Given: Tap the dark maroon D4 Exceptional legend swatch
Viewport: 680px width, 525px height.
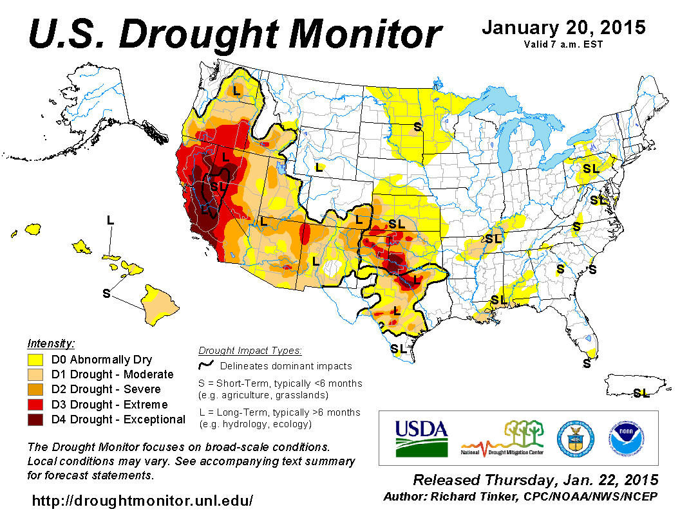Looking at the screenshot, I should pos(35,419).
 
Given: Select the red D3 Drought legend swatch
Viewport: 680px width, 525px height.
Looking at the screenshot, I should pos(35,405).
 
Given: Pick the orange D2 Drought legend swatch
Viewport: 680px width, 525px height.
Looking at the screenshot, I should pos(35,390).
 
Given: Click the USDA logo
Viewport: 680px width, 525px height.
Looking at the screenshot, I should pos(421,438).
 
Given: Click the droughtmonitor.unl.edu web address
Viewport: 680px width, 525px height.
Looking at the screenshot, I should pos(142,500).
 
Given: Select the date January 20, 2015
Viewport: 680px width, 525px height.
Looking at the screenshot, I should pos(563,28).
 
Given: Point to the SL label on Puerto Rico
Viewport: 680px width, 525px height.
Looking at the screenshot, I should pos(641,393).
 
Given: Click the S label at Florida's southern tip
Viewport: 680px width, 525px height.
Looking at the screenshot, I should pos(587,364).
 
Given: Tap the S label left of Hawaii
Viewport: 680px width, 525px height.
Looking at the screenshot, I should pos(106,293).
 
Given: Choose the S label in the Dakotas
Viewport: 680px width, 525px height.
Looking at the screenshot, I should pos(417,127).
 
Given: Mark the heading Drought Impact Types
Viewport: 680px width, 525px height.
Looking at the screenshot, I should pos(250,351).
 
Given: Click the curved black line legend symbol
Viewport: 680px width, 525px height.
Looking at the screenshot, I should pos(206,366).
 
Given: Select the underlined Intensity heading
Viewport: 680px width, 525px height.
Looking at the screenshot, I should pos(51,344).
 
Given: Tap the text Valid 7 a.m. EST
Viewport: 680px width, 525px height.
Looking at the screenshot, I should pos(563,44).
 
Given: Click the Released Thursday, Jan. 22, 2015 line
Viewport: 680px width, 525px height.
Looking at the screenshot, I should pos(536,481).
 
